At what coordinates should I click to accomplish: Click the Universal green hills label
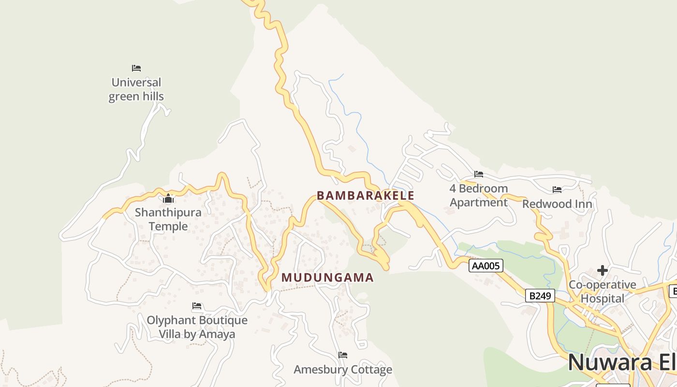136,89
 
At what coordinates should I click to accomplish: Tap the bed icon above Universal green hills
136,68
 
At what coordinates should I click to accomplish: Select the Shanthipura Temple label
168,219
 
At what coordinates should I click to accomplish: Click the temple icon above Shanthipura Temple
168,198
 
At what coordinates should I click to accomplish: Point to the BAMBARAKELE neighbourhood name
366,195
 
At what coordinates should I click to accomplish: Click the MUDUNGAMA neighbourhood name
328,278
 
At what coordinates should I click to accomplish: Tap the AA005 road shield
486,265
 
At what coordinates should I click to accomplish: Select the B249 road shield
540,296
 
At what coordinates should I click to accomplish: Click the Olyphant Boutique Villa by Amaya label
197,327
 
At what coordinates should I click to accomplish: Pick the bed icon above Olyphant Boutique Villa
197,306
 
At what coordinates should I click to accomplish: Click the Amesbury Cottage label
343,370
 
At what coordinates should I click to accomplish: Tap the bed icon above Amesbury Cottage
343,355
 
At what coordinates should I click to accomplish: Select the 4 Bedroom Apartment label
479,195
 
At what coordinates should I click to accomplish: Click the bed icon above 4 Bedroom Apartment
479,174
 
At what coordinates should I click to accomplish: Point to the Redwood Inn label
557,204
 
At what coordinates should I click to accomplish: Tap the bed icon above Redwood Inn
557,190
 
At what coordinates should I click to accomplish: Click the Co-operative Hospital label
603,291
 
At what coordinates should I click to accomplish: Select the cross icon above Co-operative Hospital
603,270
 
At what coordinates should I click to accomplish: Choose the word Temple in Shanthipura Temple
168,226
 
